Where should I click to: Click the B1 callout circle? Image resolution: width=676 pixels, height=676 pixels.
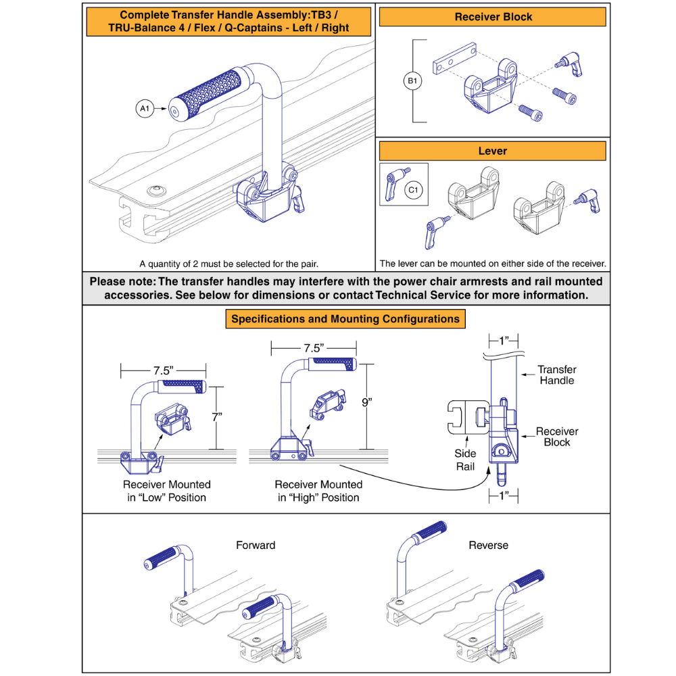[412, 82]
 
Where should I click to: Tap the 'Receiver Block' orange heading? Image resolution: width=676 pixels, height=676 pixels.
[493, 17]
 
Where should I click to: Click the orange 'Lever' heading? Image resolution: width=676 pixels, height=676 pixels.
[492, 150]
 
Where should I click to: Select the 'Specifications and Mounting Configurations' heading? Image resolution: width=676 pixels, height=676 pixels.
[345, 319]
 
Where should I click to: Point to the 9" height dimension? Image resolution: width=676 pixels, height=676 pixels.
[366, 402]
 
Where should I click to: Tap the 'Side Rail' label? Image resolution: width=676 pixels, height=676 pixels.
[465, 459]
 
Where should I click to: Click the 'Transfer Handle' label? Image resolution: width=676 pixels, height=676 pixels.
[556, 375]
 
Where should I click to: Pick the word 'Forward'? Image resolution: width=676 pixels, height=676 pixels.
[256, 545]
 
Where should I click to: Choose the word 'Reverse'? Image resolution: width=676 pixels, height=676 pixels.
[488, 545]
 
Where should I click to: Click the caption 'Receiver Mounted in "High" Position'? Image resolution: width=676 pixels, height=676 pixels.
[318, 491]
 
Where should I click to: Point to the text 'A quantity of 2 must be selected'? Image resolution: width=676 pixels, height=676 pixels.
[228, 264]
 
